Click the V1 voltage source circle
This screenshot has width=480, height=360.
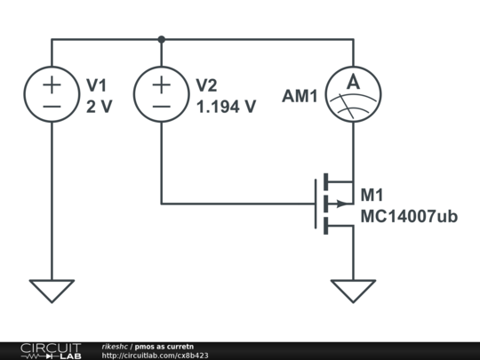(52, 95)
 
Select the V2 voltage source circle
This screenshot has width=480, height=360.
(161, 95)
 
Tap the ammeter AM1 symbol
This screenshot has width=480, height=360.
(353, 95)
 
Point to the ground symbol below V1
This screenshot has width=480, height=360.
(52, 290)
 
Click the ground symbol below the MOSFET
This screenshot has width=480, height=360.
(353, 290)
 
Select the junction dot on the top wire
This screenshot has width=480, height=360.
(161, 39)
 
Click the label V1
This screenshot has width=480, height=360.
(96, 85)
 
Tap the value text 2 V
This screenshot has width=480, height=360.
(100, 107)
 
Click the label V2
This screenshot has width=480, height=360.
(205, 85)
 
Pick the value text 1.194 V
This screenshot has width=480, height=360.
(225, 107)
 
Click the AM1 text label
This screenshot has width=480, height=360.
(300, 96)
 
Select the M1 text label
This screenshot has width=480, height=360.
(372, 195)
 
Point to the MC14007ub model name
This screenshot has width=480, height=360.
(409, 216)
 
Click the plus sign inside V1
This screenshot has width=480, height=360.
(52, 84)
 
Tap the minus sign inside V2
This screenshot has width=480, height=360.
(161, 107)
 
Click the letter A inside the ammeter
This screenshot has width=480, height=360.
(353, 83)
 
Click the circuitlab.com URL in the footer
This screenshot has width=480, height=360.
(155, 356)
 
